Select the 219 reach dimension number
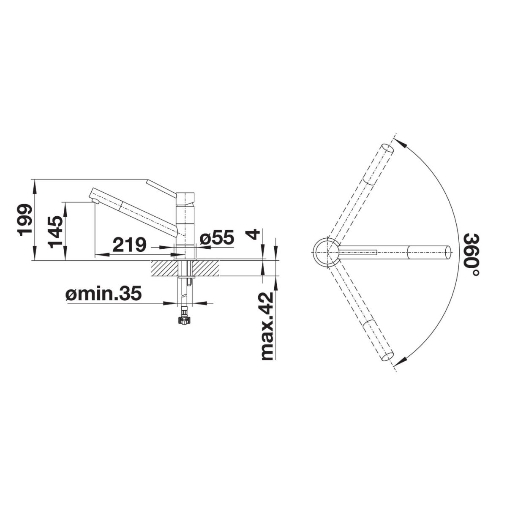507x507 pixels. tap(129, 245)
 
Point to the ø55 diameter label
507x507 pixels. tap(216, 237)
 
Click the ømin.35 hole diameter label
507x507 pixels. tap(104, 293)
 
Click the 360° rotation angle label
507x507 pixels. tap(472, 254)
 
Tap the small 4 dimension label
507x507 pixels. tap(253, 234)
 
